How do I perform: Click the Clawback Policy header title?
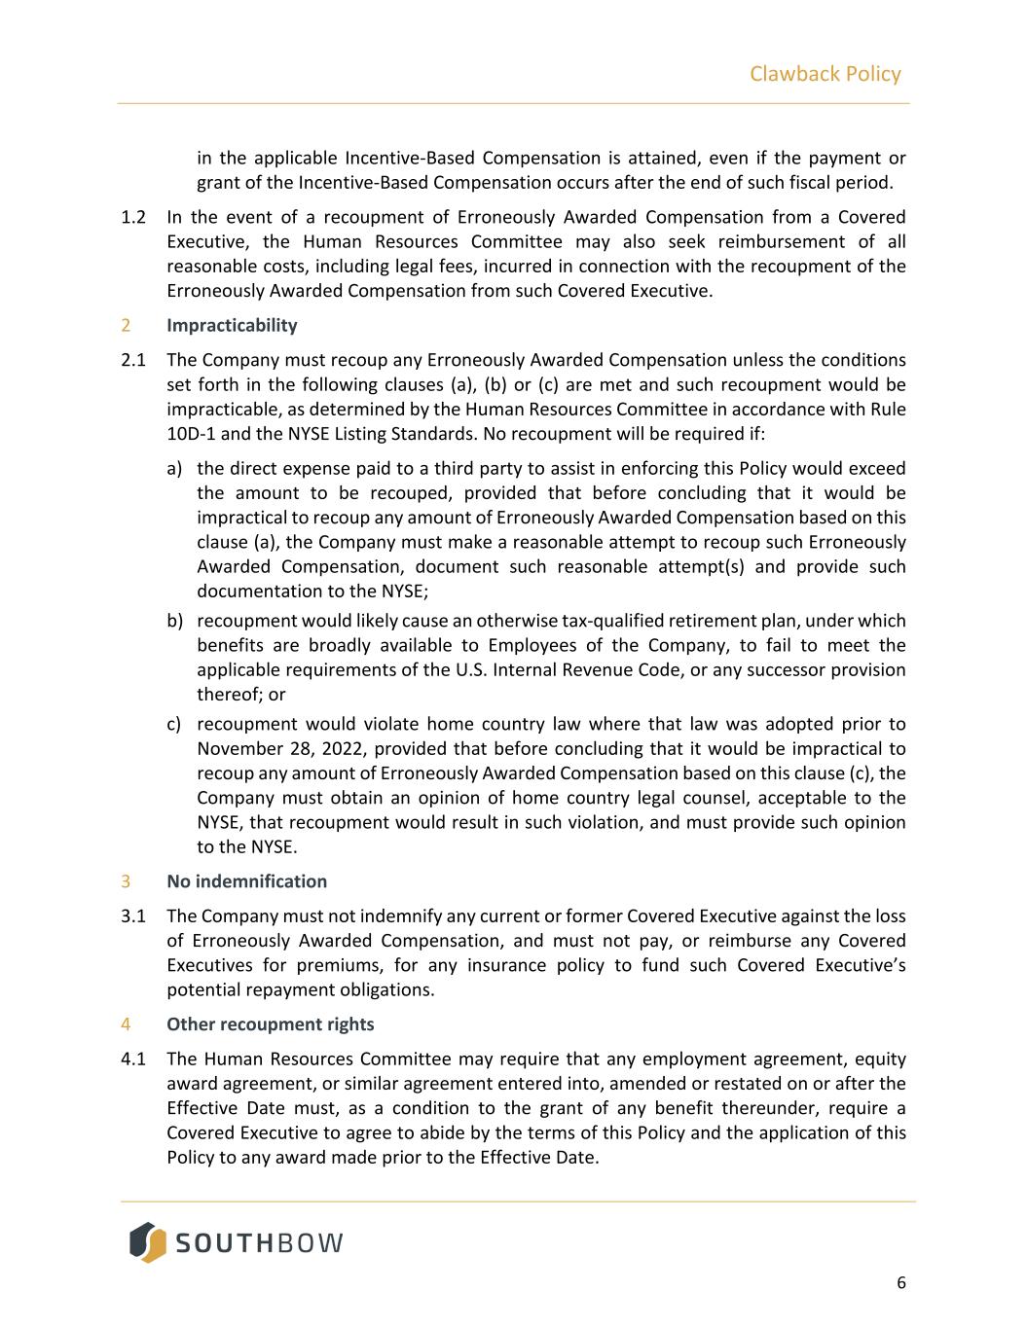[x=825, y=74]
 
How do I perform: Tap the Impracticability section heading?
[x=232, y=325]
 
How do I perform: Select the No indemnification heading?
[x=246, y=881]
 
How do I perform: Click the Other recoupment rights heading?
[x=270, y=1024]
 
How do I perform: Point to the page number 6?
[x=900, y=1282]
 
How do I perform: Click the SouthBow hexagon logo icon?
[x=148, y=1242]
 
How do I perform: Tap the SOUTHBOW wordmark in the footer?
[x=260, y=1243]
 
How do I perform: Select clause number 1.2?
[x=133, y=217]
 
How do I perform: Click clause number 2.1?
[x=133, y=360]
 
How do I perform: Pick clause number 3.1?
[x=133, y=916]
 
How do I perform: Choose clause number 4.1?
[x=133, y=1059]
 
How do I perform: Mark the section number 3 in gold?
[x=126, y=881]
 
